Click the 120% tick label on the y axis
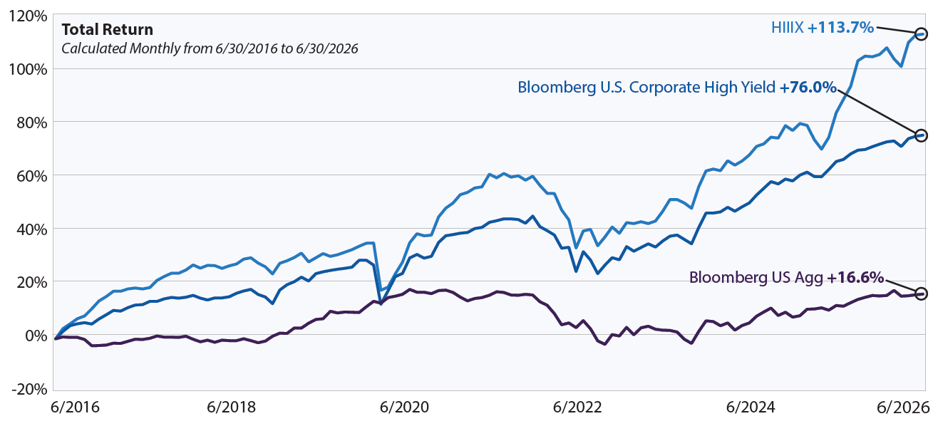[x=27, y=17]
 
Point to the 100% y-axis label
[x=27, y=69]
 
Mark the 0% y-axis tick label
[x=36, y=336]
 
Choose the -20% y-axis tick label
[x=29, y=390]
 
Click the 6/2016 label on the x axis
[x=75, y=407]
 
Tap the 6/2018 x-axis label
[x=231, y=407]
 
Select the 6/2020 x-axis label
[x=404, y=407]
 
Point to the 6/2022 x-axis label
[x=577, y=407]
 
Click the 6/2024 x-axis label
[x=751, y=407]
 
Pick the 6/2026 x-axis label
[x=903, y=407]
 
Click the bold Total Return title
[x=108, y=29]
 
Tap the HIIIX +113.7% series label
[x=823, y=28]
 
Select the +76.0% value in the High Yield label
[x=808, y=88]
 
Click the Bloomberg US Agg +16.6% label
[x=786, y=278]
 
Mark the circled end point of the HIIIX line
[x=921, y=34]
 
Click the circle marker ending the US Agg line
[x=921, y=294]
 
